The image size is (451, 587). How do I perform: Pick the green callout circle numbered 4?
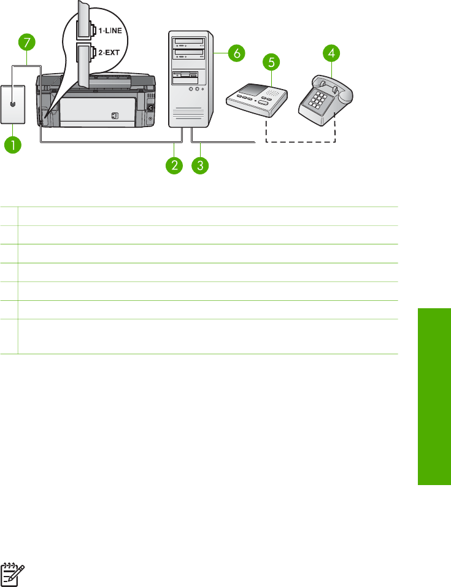[331, 53]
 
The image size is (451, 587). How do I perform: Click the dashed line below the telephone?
[300, 142]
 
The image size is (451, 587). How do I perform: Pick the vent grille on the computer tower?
[190, 114]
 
